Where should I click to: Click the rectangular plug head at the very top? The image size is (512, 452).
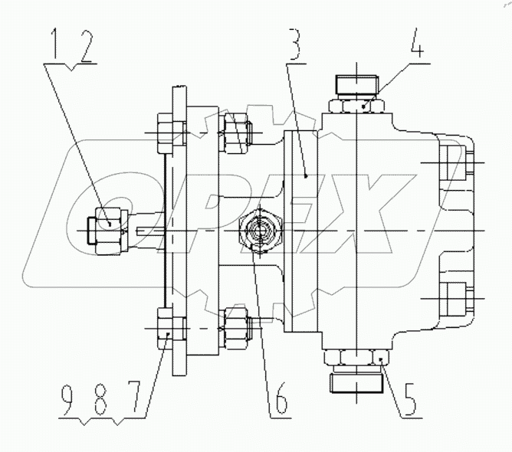pos(358,84)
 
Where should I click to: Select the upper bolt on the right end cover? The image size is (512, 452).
pos(452,164)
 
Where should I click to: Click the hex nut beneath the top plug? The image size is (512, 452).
pos(358,106)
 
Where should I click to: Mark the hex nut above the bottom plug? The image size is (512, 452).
pos(358,357)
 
